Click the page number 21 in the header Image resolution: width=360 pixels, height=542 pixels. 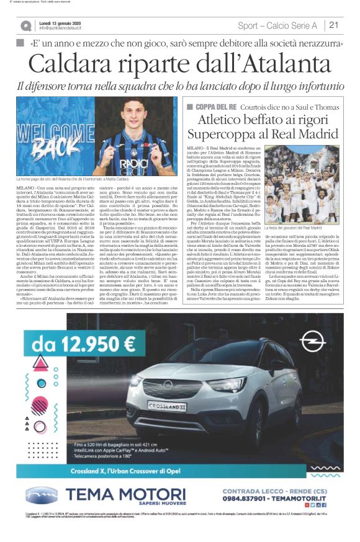click(334, 25)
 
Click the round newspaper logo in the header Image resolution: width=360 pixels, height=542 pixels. click(25, 25)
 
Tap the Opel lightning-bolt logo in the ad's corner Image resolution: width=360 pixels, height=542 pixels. click(312, 342)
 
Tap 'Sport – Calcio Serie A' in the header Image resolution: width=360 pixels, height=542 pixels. click(277, 25)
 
